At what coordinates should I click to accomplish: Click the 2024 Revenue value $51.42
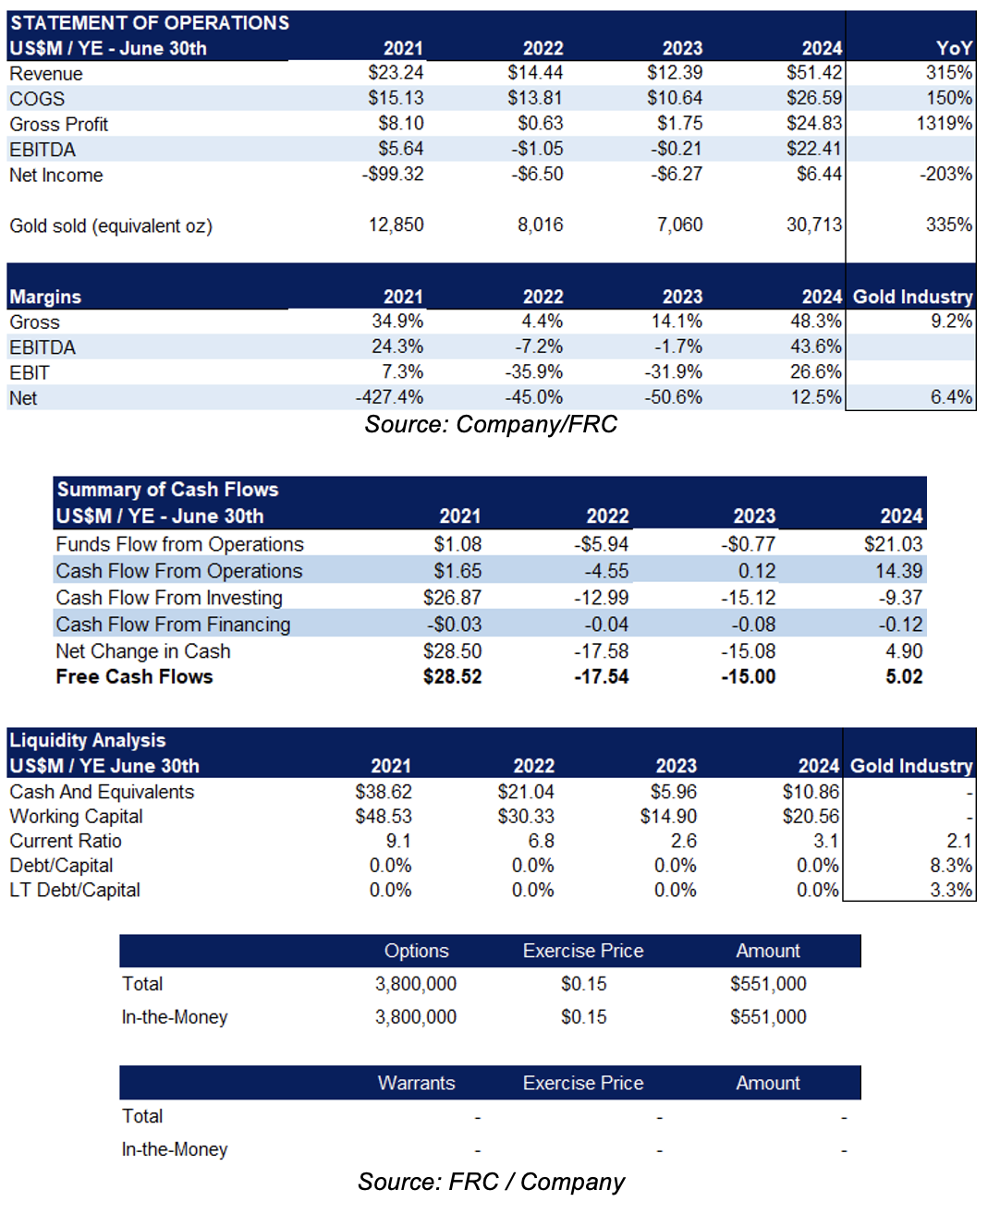(814, 73)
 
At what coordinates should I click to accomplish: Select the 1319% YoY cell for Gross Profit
(944, 123)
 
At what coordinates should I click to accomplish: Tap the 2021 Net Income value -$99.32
(393, 174)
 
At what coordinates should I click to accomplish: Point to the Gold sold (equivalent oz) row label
(111, 225)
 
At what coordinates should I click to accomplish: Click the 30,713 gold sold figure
(814, 225)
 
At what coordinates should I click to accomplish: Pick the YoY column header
(954, 48)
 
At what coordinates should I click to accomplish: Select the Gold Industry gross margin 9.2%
(951, 321)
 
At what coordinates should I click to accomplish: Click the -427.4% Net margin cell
(389, 397)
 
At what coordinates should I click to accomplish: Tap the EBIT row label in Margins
(30, 372)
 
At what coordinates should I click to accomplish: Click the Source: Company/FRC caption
(491, 424)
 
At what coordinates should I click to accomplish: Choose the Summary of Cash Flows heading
(167, 490)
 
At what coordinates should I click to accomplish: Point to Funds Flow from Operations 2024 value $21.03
(893, 544)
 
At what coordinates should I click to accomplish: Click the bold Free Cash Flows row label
(134, 677)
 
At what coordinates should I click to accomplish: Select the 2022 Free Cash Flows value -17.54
(601, 677)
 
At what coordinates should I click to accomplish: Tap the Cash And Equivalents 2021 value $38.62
(384, 791)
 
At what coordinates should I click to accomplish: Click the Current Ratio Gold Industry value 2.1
(958, 841)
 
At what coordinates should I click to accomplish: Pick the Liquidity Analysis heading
(88, 740)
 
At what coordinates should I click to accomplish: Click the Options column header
(417, 951)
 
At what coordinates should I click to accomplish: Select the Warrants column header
(417, 1083)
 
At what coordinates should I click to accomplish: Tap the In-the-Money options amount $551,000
(768, 1016)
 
